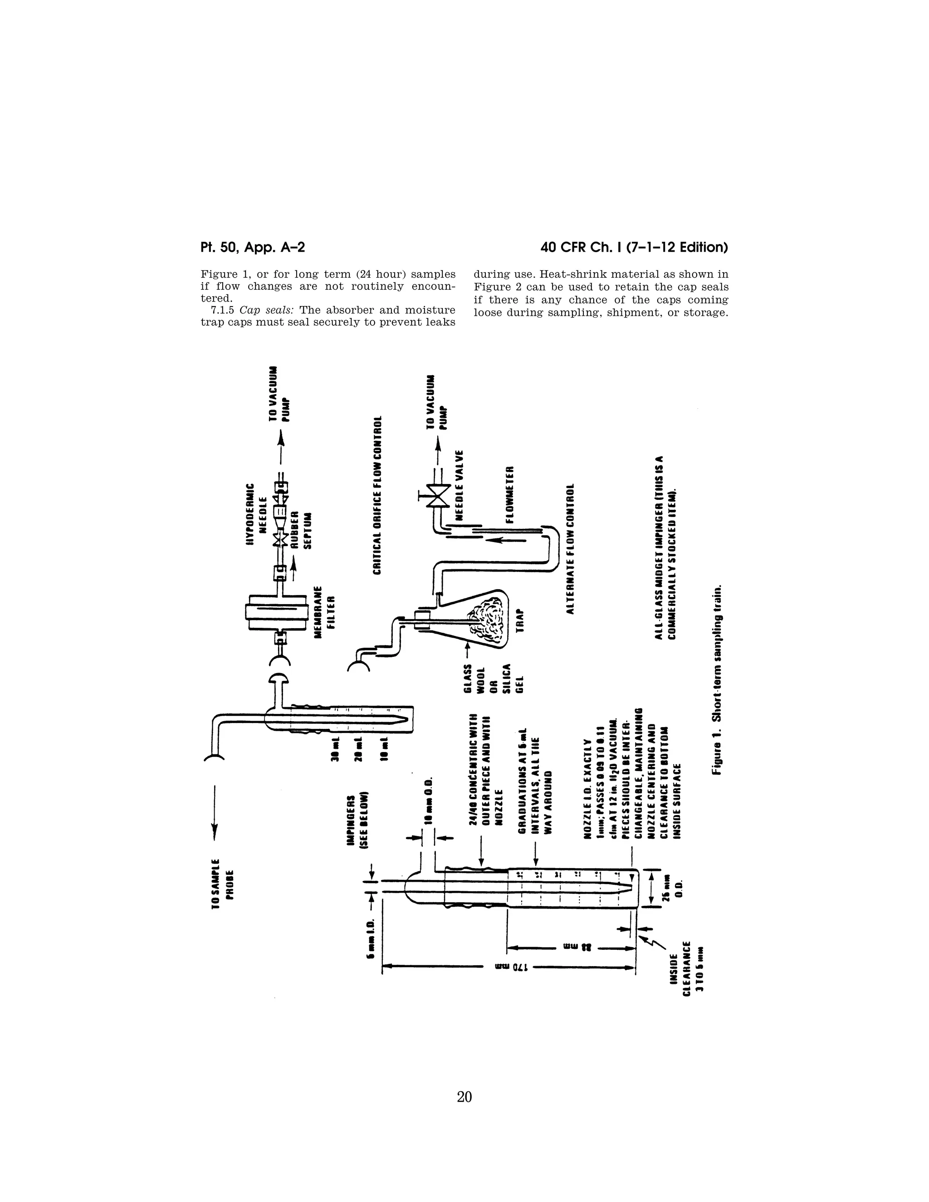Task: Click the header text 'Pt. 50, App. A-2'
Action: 253,248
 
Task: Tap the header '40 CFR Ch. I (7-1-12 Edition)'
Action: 634,248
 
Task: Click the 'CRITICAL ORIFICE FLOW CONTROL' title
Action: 377,495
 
